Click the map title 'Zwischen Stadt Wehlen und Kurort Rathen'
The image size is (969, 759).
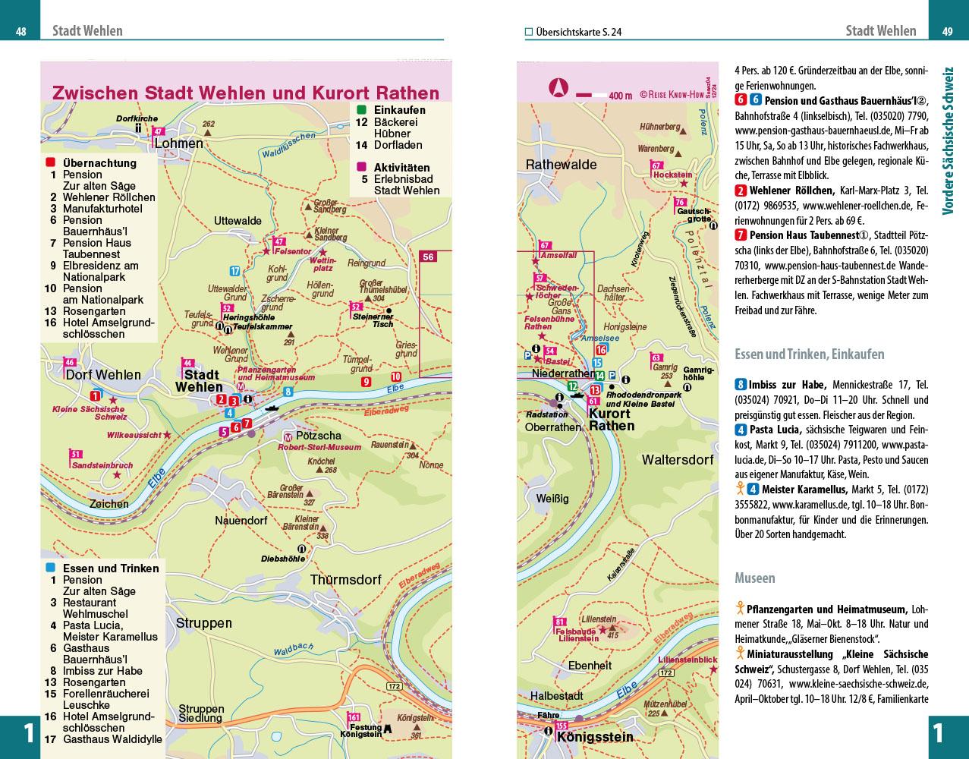point(246,93)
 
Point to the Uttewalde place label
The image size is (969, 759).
point(238,221)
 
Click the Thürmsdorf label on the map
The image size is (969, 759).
point(345,580)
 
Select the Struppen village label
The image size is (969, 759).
point(204,623)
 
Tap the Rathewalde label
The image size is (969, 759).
point(562,165)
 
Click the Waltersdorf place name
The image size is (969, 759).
point(678,460)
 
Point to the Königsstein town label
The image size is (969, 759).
point(595,737)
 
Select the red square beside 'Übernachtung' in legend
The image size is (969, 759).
point(51,162)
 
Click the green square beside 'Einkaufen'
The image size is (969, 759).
point(361,110)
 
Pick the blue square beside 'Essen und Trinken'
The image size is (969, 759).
point(51,568)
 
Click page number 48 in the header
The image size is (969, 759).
point(21,32)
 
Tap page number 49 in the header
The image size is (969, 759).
point(948,32)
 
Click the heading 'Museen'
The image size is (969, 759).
point(755,578)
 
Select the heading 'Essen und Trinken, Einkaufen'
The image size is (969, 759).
point(810,354)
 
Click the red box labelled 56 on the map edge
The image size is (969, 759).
point(429,257)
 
